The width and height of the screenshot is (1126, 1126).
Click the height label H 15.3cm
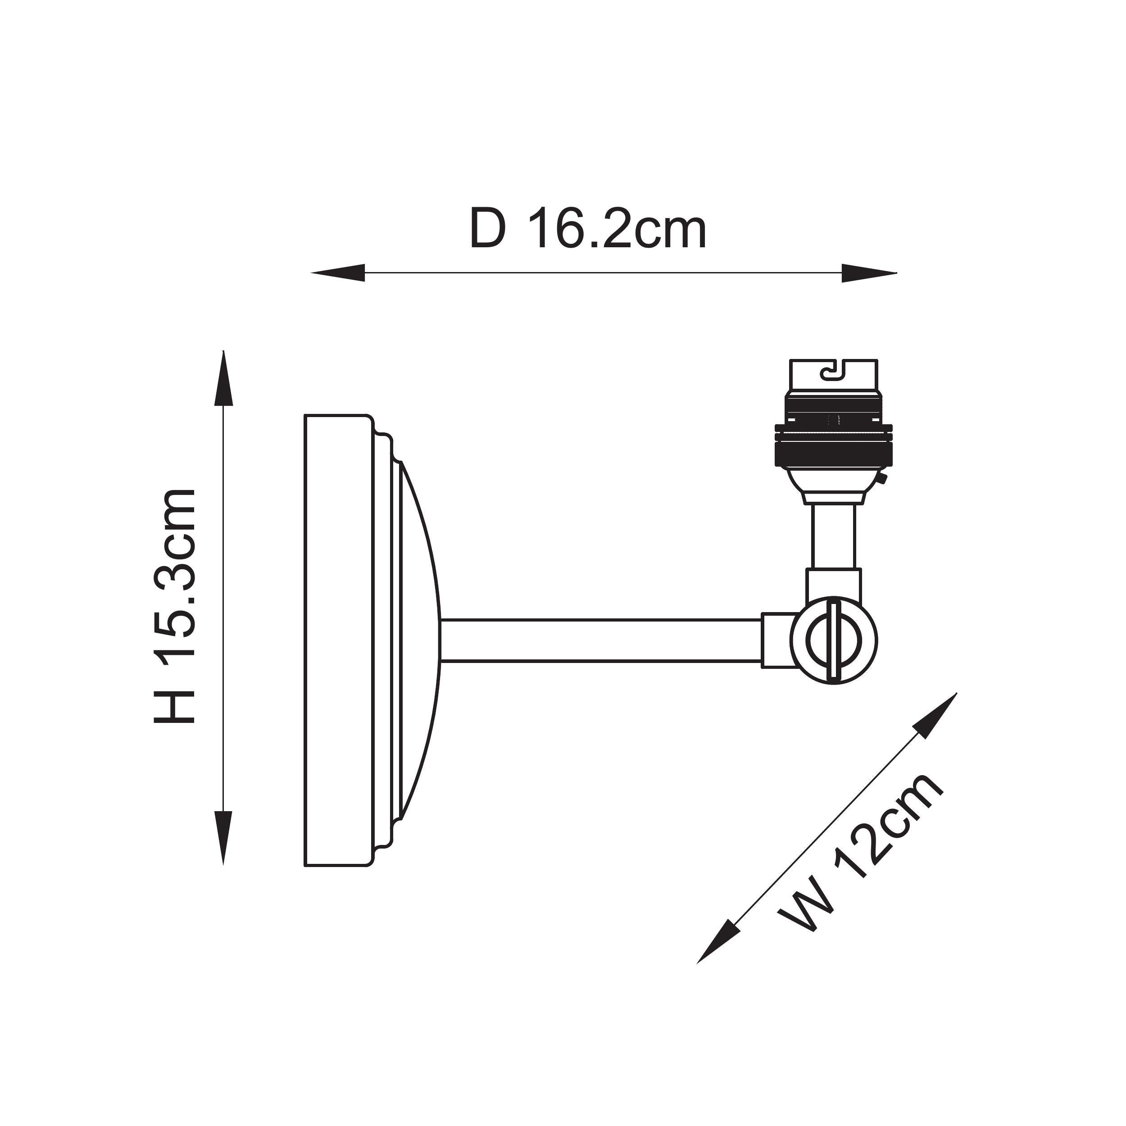(174, 606)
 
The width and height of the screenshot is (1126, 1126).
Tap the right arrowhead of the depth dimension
(869, 273)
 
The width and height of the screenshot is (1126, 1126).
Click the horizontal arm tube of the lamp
(601, 640)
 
